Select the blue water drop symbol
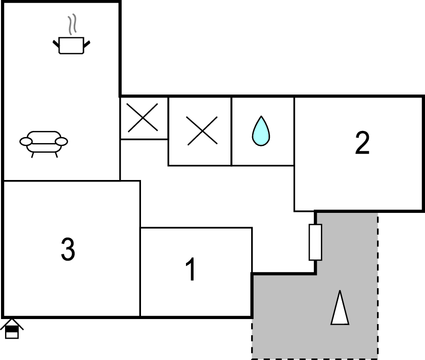pos(261,130)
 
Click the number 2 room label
pos(362,144)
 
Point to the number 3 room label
pos(68,250)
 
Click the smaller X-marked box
pos(144,118)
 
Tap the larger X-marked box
pos(200,130)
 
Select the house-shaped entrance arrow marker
pos(12,328)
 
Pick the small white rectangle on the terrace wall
pos(315,242)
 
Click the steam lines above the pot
pos(71,23)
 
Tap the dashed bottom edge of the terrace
pos(315,357)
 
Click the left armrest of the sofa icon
pos(25,142)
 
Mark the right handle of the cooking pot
pos(89,41)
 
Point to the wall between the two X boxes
pos(168,118)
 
